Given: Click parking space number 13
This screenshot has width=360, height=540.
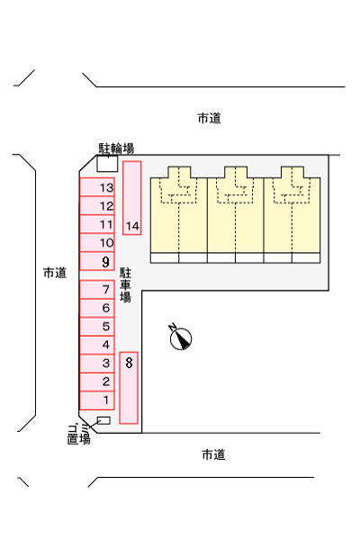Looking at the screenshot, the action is (x=97, y=187).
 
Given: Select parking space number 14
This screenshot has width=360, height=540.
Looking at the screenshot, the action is (x=132, y=198).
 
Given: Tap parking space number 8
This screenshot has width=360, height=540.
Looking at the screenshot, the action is (x=129, y=388).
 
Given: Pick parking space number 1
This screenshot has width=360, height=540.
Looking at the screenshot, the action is (x=97, y=400).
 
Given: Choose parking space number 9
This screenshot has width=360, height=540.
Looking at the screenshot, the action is (x=97, y=261).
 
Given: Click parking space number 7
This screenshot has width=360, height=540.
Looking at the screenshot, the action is (x=97, y=289).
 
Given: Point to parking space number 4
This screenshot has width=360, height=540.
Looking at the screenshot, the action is (x=97, y=345).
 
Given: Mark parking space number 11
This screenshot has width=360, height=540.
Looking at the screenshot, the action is (x=97, y=224).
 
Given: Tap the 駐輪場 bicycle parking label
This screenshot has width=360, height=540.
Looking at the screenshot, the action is (x=116, y=148).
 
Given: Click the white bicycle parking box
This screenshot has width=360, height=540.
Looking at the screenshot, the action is (x=107, y=164).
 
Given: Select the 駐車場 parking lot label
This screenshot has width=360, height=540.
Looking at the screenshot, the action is (x=125, y=285).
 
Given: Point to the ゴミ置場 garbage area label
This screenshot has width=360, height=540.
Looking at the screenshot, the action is (x=79, y=435).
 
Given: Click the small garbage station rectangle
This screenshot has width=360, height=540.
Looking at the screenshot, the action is (x=103, y=420).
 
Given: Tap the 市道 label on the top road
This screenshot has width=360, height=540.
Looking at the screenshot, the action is (x=209, y=118).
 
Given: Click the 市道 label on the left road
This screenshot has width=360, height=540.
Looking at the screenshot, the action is (x=55, y=273).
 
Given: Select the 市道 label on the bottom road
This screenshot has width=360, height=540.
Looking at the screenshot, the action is (x=213, y=454).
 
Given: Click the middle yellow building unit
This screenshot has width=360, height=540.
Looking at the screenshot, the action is (x=236, y=215).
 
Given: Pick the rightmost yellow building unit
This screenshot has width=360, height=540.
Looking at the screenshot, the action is (x=292, y=215).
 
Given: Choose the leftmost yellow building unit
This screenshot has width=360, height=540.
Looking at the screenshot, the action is (x=179, y=215).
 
